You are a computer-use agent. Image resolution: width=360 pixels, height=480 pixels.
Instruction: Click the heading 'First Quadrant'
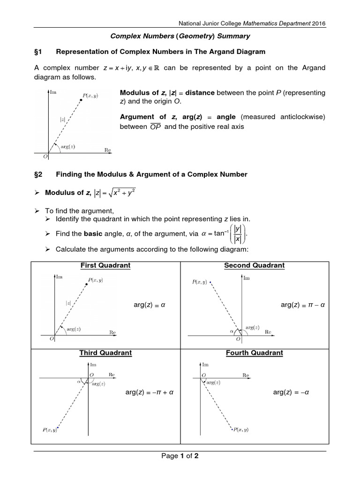105,265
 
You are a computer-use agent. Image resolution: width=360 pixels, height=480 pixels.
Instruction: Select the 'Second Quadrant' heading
254,265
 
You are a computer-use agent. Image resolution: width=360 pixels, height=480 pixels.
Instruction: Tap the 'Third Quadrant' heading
106,352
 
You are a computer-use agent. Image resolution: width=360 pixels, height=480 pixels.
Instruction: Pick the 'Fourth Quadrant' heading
254,352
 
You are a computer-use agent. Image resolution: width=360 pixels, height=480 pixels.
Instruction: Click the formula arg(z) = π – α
303,305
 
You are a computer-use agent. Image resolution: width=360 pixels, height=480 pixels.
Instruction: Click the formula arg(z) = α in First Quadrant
150,305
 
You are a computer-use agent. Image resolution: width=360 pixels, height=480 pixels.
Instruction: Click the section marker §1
38,52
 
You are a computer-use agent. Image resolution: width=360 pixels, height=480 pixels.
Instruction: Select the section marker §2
38,174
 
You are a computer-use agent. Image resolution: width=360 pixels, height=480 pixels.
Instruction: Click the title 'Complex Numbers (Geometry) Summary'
180,36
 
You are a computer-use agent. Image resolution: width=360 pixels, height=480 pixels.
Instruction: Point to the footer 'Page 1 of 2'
180,456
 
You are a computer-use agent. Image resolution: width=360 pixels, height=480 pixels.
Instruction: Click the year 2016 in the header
318,23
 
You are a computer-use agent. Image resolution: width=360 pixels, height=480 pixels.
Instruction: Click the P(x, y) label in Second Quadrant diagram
200,282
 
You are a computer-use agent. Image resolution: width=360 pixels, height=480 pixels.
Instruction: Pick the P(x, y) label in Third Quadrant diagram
49,429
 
